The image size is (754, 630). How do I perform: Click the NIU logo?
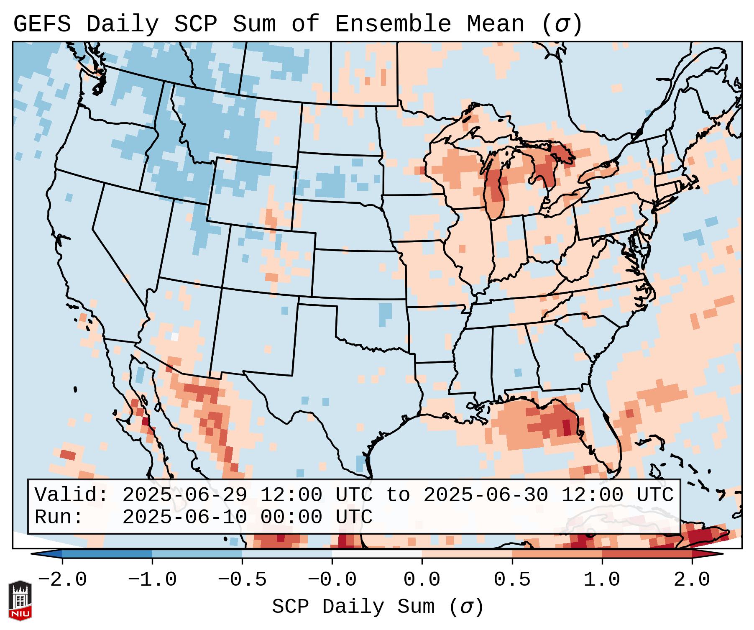pyautogui.click(x=20, y=600)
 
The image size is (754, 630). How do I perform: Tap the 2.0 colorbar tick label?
pyautogui.click(x=692, y=580)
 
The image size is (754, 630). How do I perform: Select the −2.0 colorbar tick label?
pyautogui.click(x=62, y=580)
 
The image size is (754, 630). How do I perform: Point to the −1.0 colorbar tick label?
pyautogui.click(x=152, y=580)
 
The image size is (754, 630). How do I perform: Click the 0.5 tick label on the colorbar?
pyautogui.click(x=512, y=580)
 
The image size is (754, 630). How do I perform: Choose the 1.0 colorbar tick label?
pyautogui.click(x=602, y=580)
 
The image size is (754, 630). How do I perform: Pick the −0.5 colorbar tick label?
pyautogui.click(x=242, y=580)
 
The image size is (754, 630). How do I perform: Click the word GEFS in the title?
pyautogui.click(x=42, y=24)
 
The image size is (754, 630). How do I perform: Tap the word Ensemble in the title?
pyautogui.click(x=393, y=24)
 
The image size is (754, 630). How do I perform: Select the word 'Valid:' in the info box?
pyautogui.click(x=72, y=495)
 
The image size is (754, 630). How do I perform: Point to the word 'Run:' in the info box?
pyautogui.click(x=59, y=517)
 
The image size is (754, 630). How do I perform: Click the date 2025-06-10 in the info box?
pyautogui.click(x=184, y=517)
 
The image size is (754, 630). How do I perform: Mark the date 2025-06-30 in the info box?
pyautogui.click(x=486, y=495)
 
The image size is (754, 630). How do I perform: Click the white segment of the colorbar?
pyautogui.click(x=377, y=553)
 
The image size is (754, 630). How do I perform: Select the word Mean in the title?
pyautogui.click(x=495, y=24)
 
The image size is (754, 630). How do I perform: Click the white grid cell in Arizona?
pyautogui.click(x=175, y=336)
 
